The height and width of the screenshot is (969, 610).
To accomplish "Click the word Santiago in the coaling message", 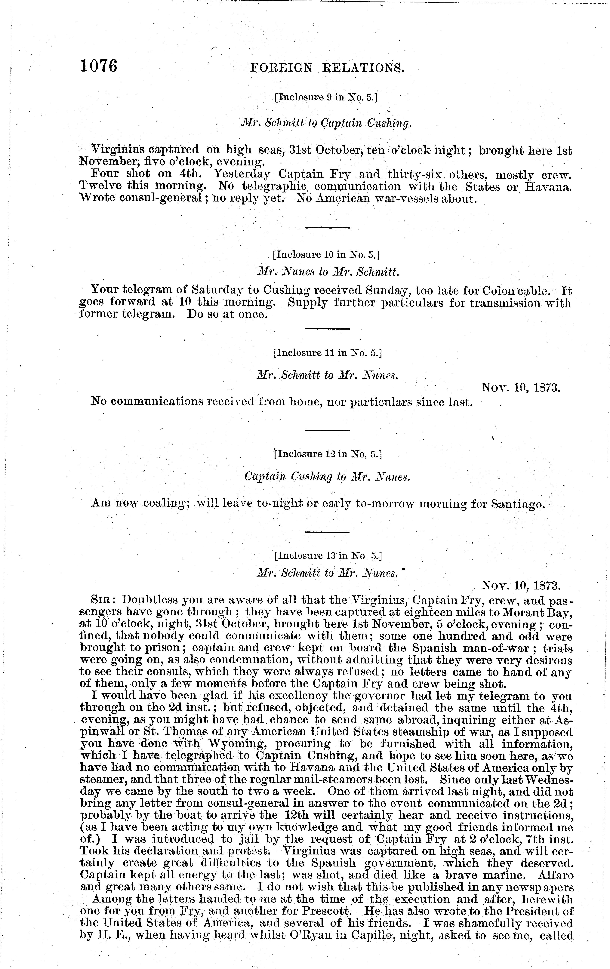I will (518, 504).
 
